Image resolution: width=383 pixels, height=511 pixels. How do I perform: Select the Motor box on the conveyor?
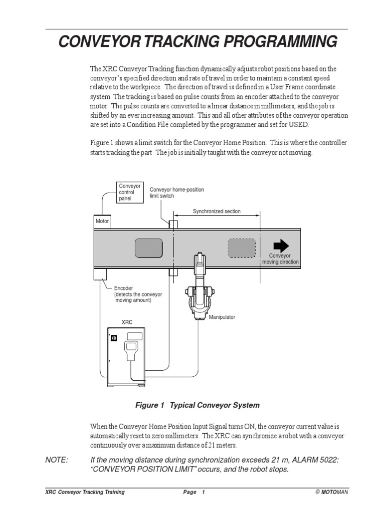[102, 221]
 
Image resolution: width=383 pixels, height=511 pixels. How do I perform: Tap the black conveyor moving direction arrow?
[281, 245]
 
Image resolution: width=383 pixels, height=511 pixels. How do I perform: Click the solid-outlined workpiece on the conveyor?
[149, 248]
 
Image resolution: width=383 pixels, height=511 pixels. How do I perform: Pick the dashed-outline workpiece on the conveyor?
[242, 248]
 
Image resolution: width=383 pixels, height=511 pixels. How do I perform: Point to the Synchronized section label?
[217, 211]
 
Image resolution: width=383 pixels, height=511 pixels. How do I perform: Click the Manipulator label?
[222, 317]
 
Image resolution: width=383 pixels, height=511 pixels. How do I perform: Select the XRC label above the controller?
[127, 323]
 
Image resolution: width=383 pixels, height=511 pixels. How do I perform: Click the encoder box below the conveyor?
[100, 273]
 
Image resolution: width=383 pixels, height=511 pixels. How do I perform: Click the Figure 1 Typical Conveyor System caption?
[197, 405]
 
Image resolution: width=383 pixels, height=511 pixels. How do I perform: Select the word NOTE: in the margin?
[56, 460]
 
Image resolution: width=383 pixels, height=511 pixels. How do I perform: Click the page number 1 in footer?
[203, 492]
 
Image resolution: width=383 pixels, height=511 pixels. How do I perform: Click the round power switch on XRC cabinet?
[113, 338]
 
